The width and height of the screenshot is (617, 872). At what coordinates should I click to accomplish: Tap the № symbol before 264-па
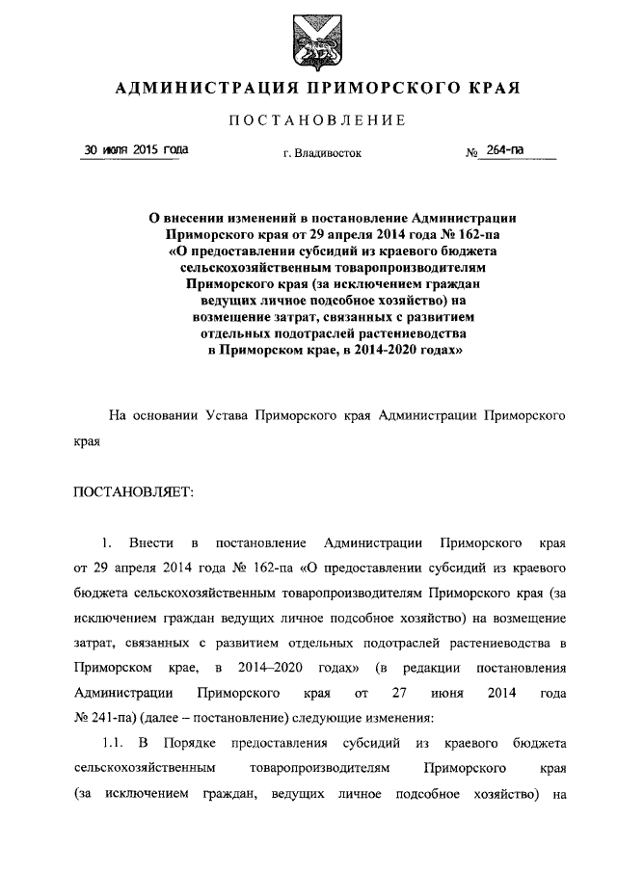(473, 153)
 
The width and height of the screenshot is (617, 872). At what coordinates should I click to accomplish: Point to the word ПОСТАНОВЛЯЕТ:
(133, 492)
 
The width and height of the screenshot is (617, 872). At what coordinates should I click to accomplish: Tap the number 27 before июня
(402, 692)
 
